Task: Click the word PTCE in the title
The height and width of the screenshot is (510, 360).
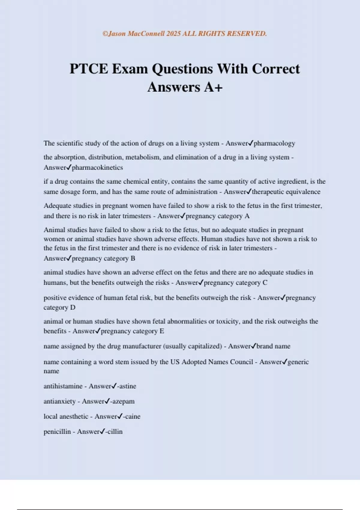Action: coord(89,69)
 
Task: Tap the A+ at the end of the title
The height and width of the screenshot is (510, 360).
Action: coord(213,87)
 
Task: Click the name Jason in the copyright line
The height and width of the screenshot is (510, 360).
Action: coord(117,34)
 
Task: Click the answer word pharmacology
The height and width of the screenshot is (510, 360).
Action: coord(274,143)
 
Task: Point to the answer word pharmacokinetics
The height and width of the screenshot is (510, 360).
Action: coord(97,168)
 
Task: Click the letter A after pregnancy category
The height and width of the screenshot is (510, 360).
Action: coord(247,216)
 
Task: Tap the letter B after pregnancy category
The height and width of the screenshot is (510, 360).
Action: coord(133,258)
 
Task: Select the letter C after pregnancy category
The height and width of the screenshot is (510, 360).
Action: coord(265,283)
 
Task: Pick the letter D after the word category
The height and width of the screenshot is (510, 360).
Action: coord(73,307)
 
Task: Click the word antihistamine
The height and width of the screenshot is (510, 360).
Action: coord(63,386)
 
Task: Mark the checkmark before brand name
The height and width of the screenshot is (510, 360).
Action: coord(253,346)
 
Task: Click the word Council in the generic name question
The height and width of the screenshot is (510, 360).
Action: coord(241,362)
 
